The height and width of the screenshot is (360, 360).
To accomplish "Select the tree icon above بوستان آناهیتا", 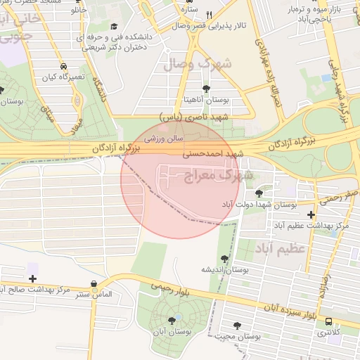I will point(206,89).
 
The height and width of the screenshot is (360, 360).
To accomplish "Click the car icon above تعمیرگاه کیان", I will point(64,63).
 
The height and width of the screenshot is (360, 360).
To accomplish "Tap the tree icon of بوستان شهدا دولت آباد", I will point(259,192).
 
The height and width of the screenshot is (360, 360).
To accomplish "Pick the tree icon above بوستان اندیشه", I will point(224,259).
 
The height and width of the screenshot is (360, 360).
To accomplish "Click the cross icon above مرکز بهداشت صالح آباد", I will point(32,278).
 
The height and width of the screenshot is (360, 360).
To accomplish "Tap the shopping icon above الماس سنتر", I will point(94,284).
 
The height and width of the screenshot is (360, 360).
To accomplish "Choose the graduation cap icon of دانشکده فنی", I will point(114,27).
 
